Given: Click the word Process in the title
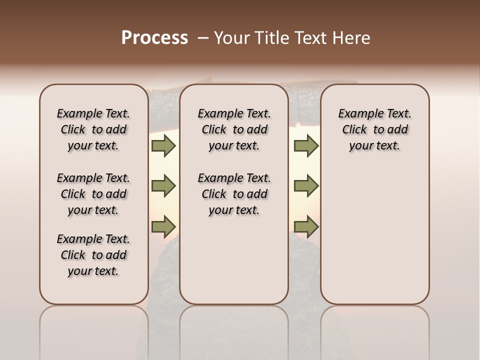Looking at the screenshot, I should (154, 38).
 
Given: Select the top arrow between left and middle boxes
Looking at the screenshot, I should (163, 146).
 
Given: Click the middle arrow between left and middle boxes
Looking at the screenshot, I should (163, 186).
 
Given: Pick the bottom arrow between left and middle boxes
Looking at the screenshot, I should (163, 226).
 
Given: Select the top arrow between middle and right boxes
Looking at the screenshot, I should (306, 146).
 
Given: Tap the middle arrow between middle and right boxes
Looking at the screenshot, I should (306, 186).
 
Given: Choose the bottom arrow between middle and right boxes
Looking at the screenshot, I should (306, 226).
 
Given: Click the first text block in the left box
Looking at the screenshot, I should (93, 129).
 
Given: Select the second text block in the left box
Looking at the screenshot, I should (93, 194).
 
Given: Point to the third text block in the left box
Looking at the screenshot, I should (93, 255).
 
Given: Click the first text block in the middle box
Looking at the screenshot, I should (234, 129).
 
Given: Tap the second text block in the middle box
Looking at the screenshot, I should (234, 194).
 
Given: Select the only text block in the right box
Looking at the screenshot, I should (374, 129).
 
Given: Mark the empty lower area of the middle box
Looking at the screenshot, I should (234, 260).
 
